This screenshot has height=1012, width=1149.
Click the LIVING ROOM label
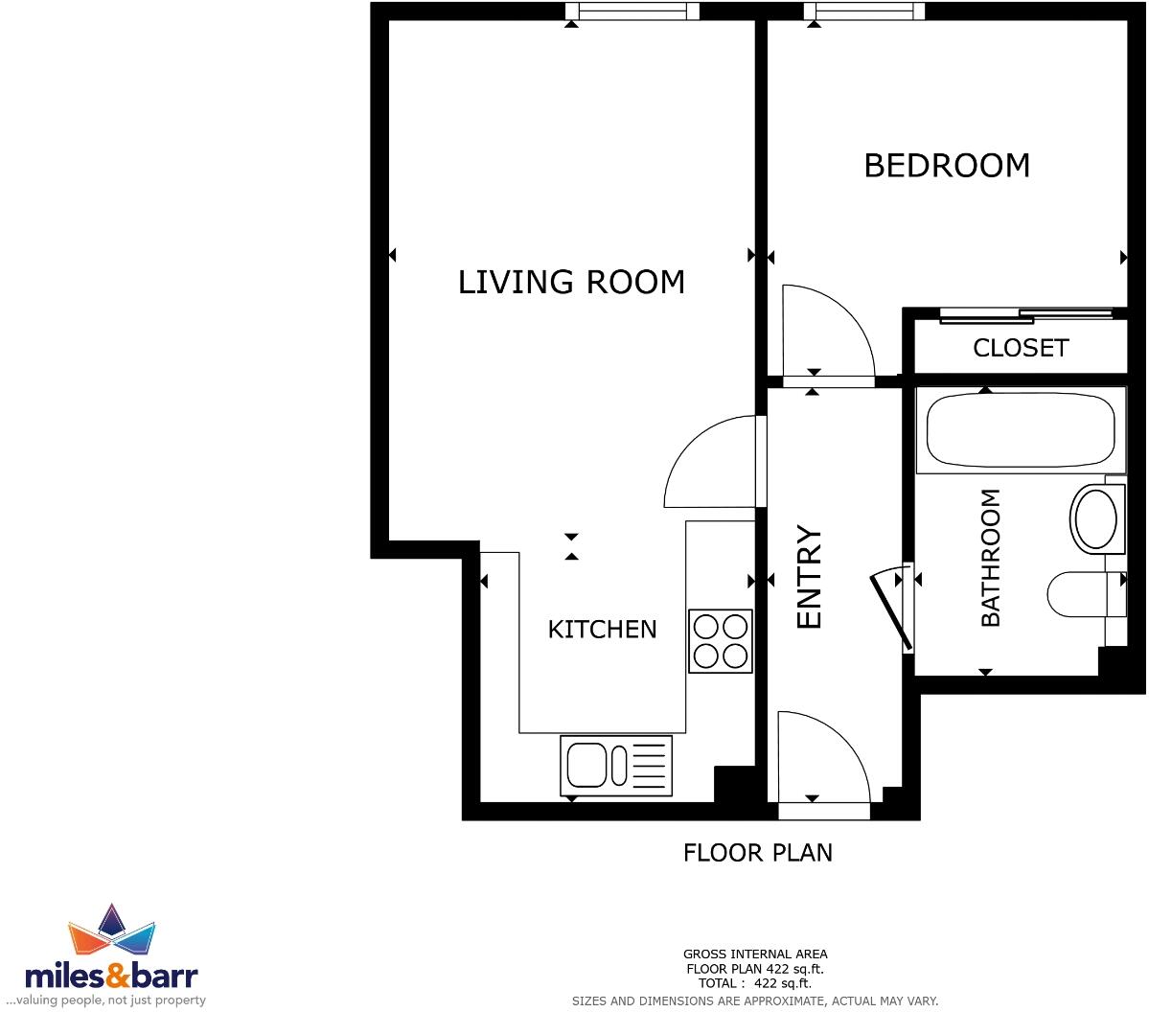[x=571, y=282]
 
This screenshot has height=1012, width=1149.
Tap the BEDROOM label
[x=946, y=166]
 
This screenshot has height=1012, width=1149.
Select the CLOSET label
[x=1020, y=348]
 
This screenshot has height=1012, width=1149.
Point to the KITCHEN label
[x=602, y=630]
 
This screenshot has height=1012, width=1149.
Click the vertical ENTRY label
[x=810, y=577]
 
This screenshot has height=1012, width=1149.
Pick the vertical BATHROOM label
[x=990, y=558]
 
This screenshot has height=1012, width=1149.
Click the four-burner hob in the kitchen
[x=721, y=641]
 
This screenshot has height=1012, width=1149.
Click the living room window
[x=632, y=11]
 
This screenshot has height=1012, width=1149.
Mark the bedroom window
[x=864, y=11]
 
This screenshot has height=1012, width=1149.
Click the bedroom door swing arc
[x=826, y=331]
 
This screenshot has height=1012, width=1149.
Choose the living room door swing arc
[x=711, y=462]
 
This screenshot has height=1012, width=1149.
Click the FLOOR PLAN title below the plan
[x=757, y=852]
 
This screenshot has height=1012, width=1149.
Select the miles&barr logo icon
[x=112, y=929]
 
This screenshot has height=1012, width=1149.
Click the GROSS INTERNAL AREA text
[x=755, y=954]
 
